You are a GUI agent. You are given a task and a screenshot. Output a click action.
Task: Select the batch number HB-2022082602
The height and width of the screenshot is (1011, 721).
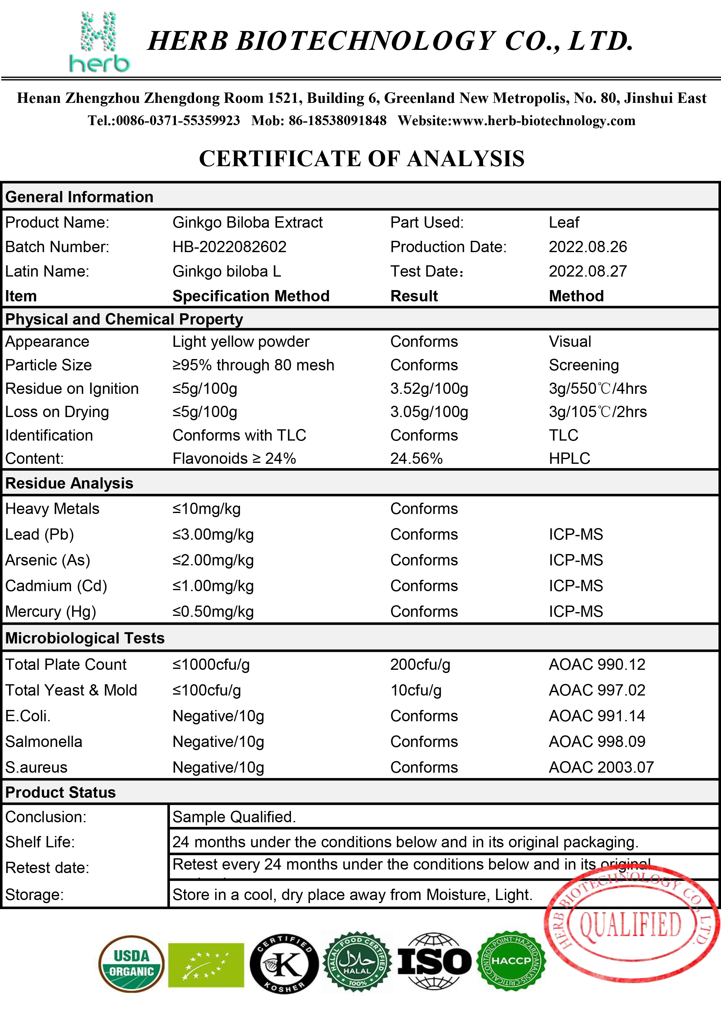tap(229, 247)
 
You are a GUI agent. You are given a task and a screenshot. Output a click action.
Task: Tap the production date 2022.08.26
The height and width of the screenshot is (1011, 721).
tap(587, 247)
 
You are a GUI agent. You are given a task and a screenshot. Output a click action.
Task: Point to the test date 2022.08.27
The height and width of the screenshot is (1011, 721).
tap(587, 271)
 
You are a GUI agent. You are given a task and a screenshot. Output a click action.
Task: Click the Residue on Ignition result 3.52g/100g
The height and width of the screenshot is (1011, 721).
tap(429, 389)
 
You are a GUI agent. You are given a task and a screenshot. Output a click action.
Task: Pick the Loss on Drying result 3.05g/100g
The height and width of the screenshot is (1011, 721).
tap(429, 412)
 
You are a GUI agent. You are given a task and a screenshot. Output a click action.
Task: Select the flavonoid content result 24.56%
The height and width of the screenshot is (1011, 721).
tap(416, 459)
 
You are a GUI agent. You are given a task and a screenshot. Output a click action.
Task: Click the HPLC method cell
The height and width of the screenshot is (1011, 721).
tap(569, 459)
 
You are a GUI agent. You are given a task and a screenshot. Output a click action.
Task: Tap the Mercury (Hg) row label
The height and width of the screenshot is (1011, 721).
tap(50, 612)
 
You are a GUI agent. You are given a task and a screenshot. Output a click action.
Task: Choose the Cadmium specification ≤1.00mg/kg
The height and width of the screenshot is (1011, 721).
tap(213, 586)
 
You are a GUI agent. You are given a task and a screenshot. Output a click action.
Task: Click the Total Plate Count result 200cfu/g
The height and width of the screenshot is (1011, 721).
tap(420, 665)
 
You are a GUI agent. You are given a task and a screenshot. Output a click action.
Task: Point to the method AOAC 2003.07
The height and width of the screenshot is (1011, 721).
tap(601, 767)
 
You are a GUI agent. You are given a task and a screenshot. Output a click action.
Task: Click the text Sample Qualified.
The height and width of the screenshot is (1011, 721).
tap(234, 817)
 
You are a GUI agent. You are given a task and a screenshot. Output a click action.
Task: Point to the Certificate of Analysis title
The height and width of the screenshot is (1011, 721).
tap(361, 158)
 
